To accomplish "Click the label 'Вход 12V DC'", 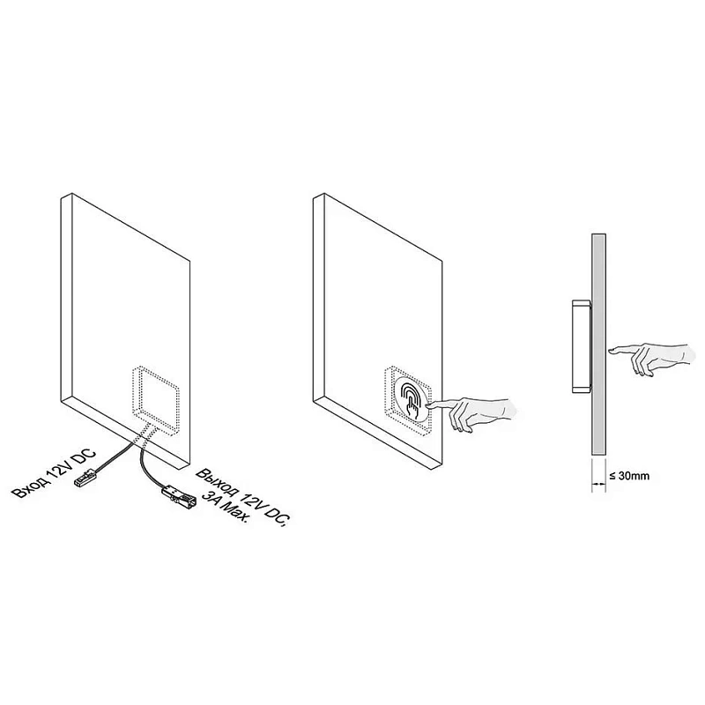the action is tap(54, 473).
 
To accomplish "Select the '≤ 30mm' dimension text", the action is tap(629, 476).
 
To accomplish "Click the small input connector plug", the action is tap(85, 477).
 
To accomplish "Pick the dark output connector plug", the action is tap(179, 495).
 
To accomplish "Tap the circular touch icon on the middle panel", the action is tap(412, 398).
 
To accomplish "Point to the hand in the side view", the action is tap(652, 359).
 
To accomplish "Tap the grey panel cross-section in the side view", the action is tap(598, 345).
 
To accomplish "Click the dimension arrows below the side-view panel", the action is tap(598, 484).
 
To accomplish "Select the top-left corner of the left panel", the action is tap(61, 197).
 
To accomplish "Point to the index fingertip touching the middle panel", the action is tap(428, 405).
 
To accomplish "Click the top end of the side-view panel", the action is tap(598, 234).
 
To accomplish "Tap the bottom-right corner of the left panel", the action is tap(189, 459).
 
